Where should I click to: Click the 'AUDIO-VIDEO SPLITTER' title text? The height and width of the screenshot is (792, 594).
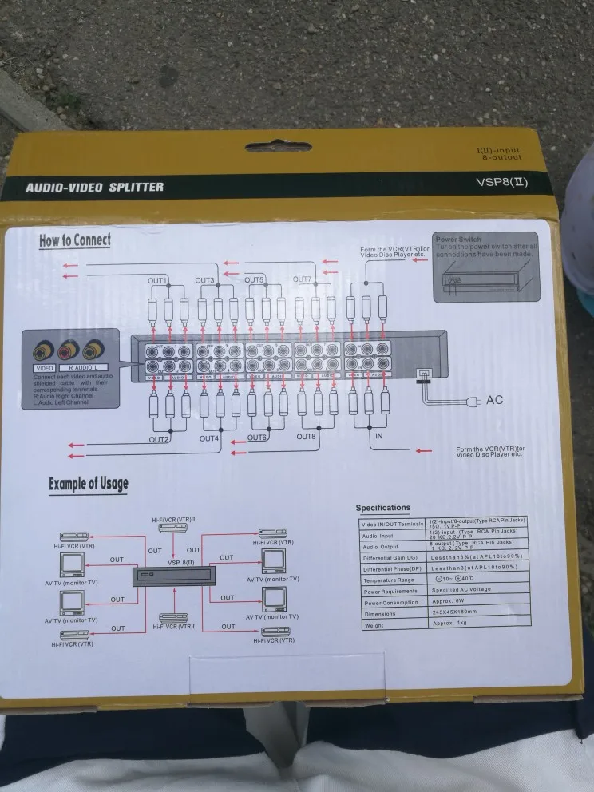[94, 188]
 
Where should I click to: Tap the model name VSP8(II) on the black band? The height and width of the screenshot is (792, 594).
[501, 182]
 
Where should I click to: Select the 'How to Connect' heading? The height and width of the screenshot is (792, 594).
[75, 240]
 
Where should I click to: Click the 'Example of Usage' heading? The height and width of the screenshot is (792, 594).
[88, 483]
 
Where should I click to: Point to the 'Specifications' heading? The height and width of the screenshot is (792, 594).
[383, 508]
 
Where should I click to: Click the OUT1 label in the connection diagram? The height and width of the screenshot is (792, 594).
[157, 281]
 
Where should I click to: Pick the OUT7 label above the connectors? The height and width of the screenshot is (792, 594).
[302, 279]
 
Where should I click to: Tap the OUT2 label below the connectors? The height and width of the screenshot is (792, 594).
[159, 439]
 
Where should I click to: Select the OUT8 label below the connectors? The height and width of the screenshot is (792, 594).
[307, 437]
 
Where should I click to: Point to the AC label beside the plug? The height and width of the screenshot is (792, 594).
[495, 399]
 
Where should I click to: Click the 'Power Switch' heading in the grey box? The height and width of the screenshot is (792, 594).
[459, 239]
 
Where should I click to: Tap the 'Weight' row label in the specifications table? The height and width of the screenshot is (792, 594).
[373, 625]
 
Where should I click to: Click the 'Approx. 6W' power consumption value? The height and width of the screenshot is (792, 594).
[448, 603]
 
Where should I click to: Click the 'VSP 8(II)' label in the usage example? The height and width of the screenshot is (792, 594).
[180, 562]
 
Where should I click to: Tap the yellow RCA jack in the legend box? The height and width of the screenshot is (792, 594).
[39, 349]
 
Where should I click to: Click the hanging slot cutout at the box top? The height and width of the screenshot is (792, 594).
[278, 147]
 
